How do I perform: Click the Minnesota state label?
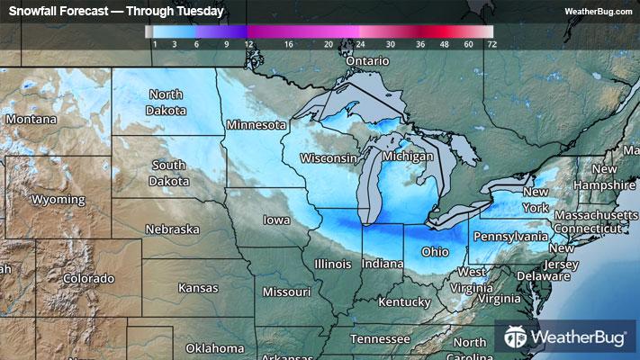click(x=257, y=125)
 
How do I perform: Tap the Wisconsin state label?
click(x=329, y=158)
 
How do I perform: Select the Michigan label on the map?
click(x=408, y=157)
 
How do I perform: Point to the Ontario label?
click(x=367, y=61)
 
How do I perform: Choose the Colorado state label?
click(x=88, y=279)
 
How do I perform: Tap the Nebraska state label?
click(x=172, y=229)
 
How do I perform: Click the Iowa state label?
click(x=276, y=220)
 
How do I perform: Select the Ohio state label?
click(x=435, y=252)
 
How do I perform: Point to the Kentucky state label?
click(x=405, y=301)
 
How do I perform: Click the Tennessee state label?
click(x=380, y=338)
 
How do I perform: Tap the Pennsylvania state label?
click(x=511, y=237)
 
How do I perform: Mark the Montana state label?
click(x=32, y=120)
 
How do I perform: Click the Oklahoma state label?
click(x=214, y=347)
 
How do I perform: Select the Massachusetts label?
click(x=590, y=217)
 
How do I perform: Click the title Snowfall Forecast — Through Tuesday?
click(x=116, y=12)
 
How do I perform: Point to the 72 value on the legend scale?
click(x=491, y=43)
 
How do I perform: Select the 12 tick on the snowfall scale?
click(x=247, y=43)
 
